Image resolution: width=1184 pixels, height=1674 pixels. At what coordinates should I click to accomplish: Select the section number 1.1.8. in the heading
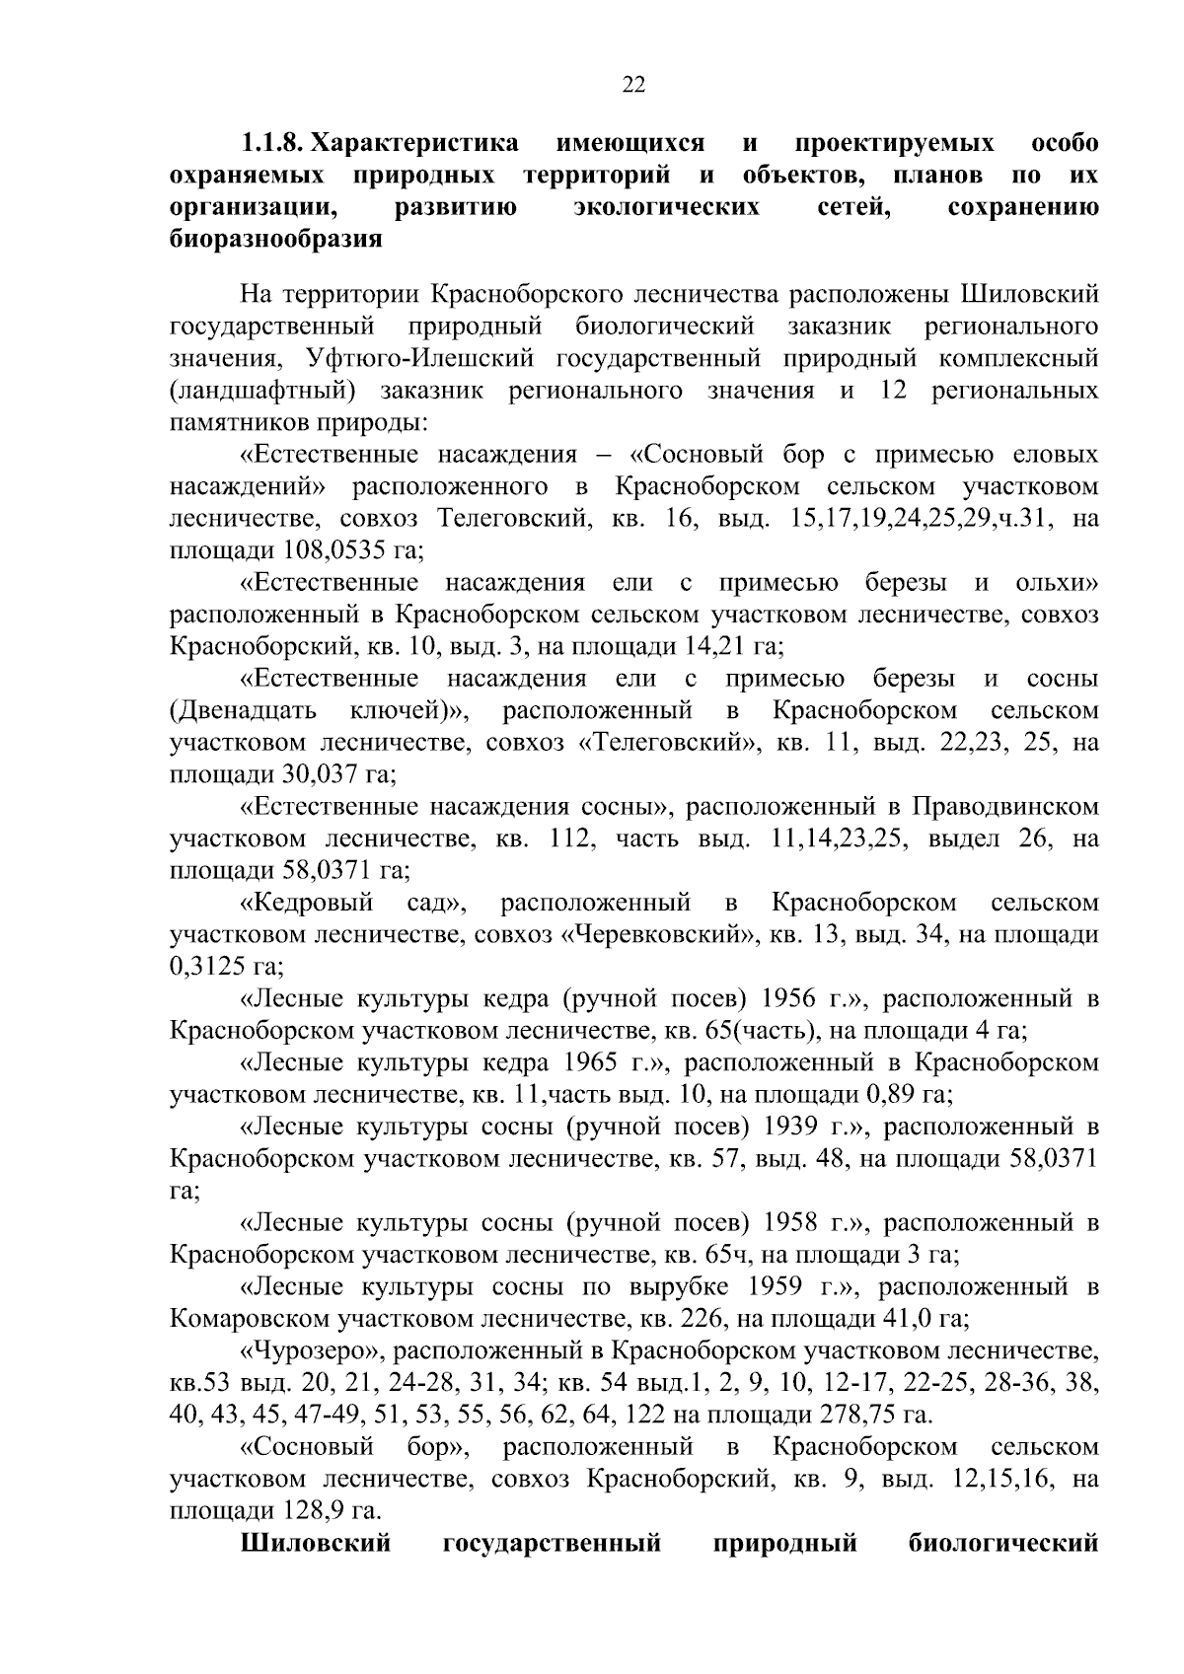point(270,144)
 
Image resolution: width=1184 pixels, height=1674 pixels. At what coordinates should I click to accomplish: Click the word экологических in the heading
point(668,208)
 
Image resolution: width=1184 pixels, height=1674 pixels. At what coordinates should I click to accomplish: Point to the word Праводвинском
point(1003,807)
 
